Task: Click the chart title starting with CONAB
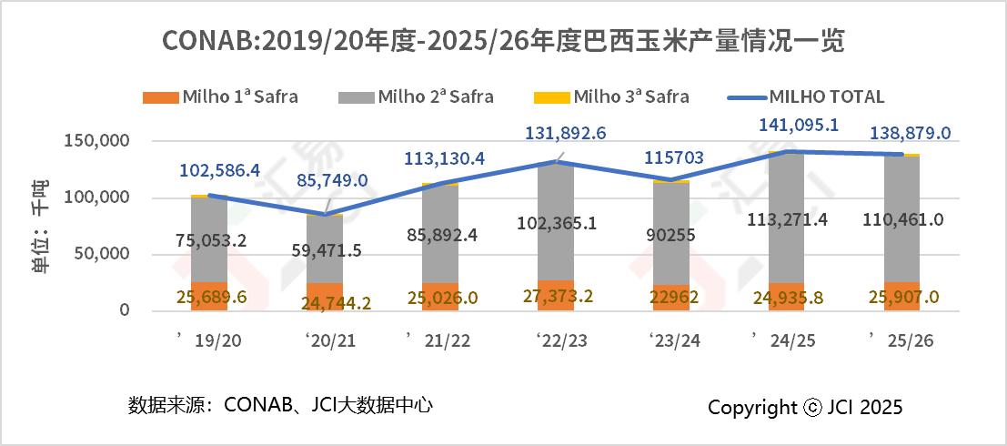[503, 41]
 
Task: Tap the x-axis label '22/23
[554, 340]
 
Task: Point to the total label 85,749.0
[332, 180]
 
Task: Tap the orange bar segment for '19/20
[209, 296]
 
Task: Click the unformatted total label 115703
[670, 157]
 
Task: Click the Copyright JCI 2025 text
[805, 407]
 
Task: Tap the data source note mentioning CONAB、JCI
[280, 404]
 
